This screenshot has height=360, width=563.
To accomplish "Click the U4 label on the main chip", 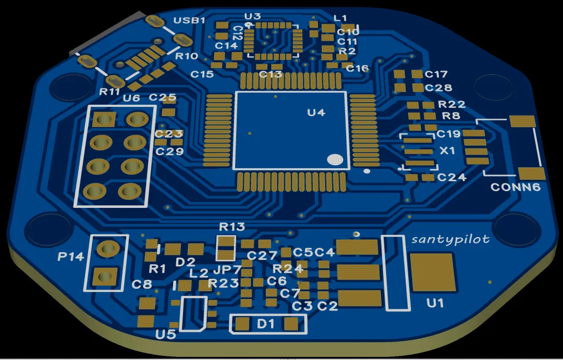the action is click(x=316, y=113).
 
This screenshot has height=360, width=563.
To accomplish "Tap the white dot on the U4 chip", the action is click(x=335, y=159).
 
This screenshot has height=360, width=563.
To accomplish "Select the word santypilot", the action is click(x=450, y=239).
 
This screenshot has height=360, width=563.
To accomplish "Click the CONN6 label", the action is click(x=515, y=187).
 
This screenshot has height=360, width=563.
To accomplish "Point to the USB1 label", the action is click(x=189, y=20).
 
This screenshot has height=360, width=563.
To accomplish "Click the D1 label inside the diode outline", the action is click(x=266, y=324).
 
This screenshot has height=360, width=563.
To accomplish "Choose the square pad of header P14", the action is click(x=104, y=276).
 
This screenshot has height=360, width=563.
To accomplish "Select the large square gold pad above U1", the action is click(x=433, y=272).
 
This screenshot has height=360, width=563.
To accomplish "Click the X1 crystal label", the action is click(x=447, y=151).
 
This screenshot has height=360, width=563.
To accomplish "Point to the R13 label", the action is click(x=232, y=227).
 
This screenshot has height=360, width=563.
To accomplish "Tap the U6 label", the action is click(x=131, y=97).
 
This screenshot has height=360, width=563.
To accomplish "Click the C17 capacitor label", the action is click(x=436, y=74).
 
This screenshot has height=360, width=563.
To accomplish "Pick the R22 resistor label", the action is click(x=451, y=104).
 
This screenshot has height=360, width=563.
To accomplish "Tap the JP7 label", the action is click(x=227, y=269).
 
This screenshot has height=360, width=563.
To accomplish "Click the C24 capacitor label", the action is click(x=451, y=177).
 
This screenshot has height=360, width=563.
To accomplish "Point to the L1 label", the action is click(x=340, y=18).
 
